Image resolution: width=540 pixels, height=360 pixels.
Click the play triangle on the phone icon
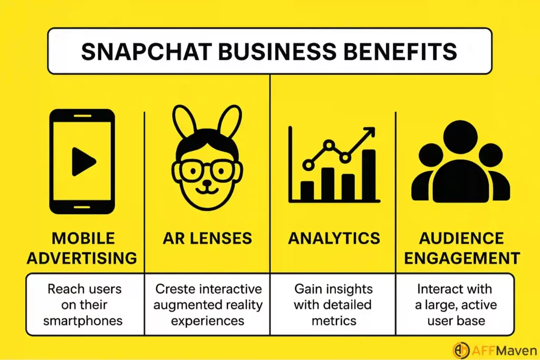pyautogui.click(x=83, y=161)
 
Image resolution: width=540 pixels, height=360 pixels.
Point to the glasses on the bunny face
pyautogui.click(x=207, y=169)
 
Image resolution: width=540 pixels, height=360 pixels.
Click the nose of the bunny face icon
pyautogui.click(x=207, y=184)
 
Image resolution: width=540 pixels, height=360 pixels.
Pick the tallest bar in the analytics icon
pyautogui.click(x=369, y=174)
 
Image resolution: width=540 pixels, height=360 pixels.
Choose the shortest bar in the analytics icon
pyautogui.click(x=307, y=191)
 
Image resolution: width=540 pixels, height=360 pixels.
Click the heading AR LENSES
pyautogui.click(x=207, y=238)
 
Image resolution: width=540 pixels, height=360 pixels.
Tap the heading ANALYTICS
pyautogui.click(x=334, y=238)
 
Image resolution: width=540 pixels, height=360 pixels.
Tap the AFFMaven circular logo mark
pyautogui.click(x=461, y=349)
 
